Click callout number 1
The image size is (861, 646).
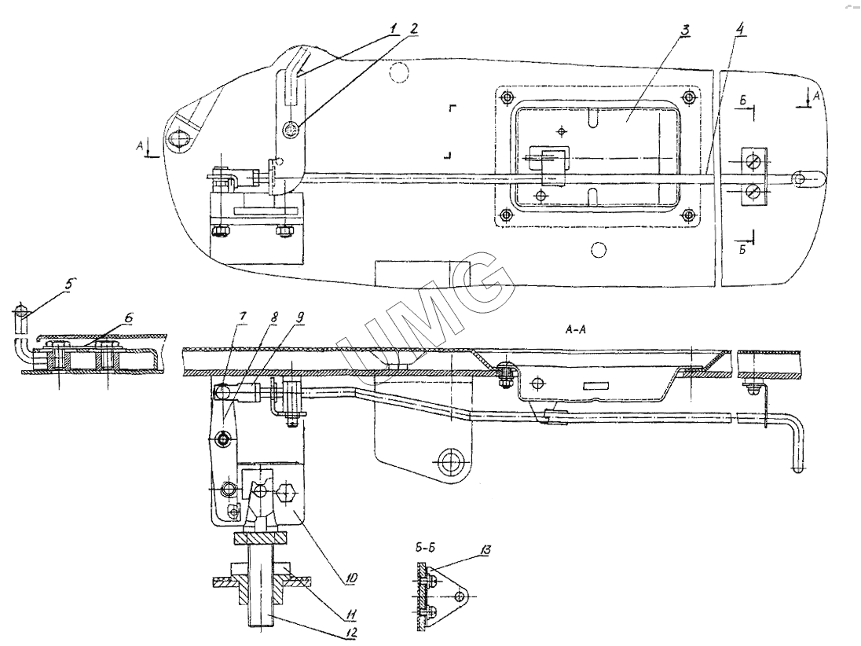[x=394, y=28]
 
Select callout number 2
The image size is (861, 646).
[x=413, y=28]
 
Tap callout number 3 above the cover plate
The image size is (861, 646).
[x=684, y=30]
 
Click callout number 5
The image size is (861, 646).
[x=68, y=285]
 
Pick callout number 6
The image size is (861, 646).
[x=128, y=318]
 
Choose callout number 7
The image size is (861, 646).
[x=242, y=317]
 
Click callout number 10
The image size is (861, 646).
[x=350, y=578]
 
